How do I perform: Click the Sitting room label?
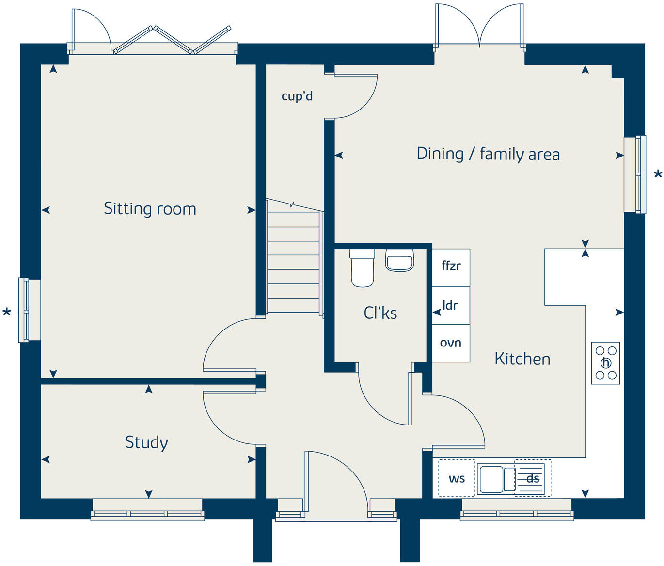coord(150,209)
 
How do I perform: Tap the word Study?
coord(146,443)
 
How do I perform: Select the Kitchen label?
coord(522,359)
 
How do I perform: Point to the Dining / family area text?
coord(488,154)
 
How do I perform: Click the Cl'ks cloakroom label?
coord(380,313)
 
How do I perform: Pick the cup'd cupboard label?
coord(297,96)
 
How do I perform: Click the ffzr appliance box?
coord(451,267)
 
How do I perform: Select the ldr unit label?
coord(450,305)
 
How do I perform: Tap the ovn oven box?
coord(451,343)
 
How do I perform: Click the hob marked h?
coord(605,363)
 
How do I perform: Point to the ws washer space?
coord(457,478)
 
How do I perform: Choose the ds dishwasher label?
coord(533,479)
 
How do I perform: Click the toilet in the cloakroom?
coord(362,268)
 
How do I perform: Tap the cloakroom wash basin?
coord(400,260)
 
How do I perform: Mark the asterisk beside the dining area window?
coord(658,175)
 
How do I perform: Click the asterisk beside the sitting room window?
coord(7,312)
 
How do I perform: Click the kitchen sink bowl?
coord(491,479)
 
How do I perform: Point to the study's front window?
coord(147,509)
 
